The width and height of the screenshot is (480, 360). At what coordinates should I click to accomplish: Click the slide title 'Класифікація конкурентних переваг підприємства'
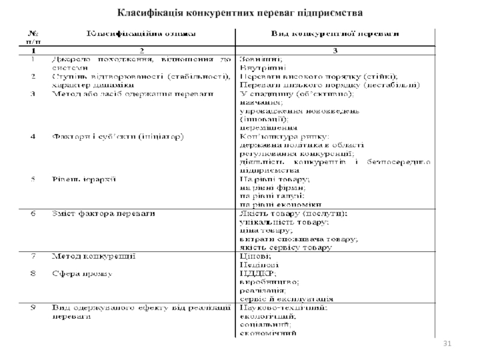[x=240, y=12]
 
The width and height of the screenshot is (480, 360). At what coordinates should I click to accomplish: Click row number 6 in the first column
[x=33, y=214]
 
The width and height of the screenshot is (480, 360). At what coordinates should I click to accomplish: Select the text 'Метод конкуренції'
[x=93, y=256]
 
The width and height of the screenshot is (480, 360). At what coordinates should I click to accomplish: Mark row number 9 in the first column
[x=33, y=307]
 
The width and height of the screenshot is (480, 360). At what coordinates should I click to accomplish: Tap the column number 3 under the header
[x=335, y=50]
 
